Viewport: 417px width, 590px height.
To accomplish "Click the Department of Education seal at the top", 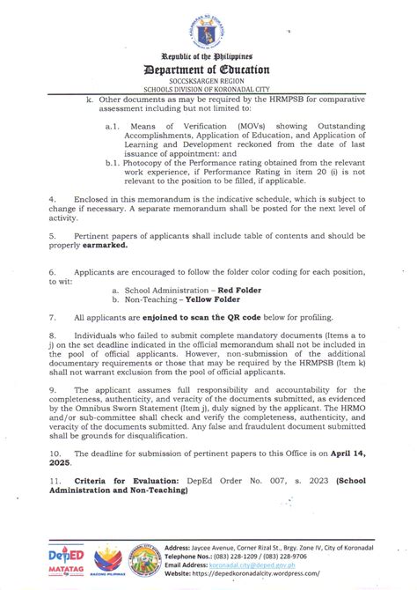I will coord(208,26).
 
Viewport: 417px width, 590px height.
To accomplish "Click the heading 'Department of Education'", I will coord(208,68).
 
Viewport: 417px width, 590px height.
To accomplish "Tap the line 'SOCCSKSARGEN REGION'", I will coord(208,81).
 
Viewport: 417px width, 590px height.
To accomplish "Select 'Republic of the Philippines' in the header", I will coord(208,55).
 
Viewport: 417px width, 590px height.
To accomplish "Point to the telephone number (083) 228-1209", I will coord(272,555).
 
